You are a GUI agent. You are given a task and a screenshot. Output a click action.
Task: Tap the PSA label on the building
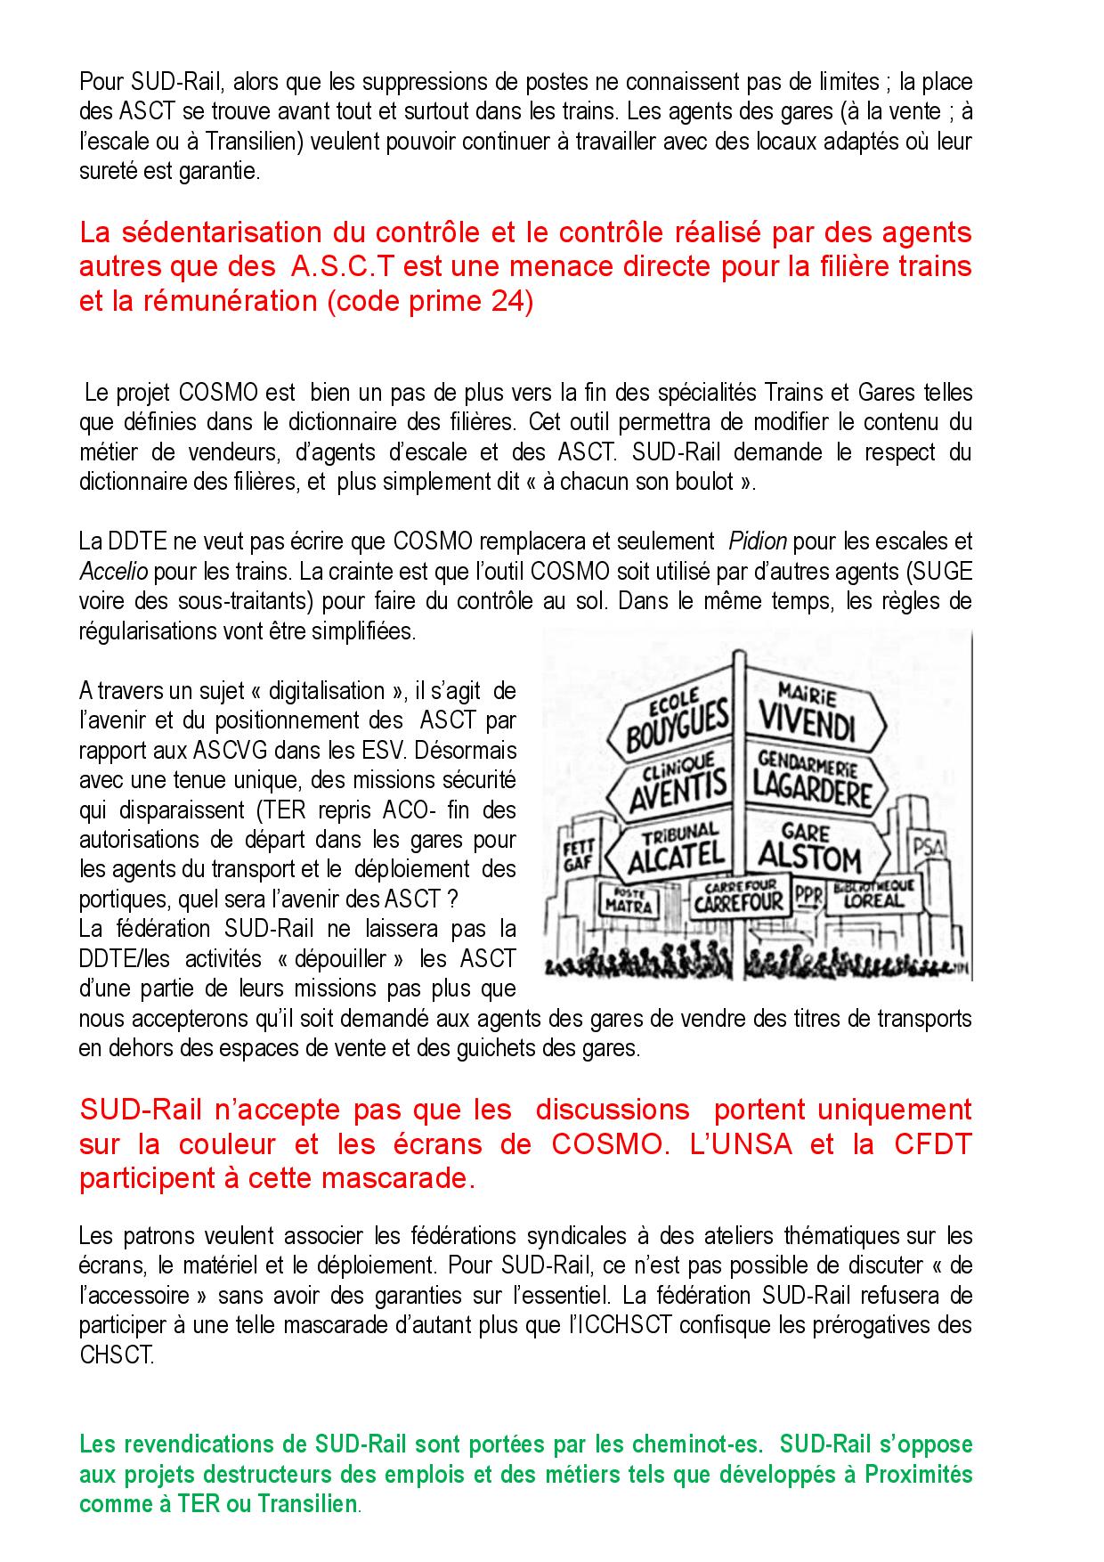point(926,842)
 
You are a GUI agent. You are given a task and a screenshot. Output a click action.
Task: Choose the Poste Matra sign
point(629,901)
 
